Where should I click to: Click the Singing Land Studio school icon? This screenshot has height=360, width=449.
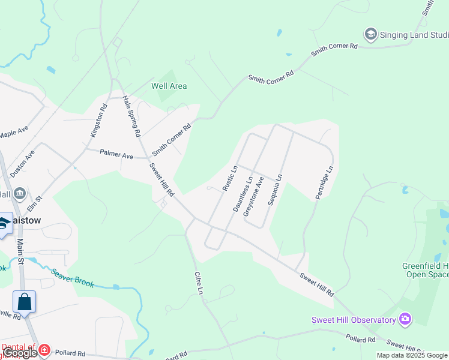pos(371,34)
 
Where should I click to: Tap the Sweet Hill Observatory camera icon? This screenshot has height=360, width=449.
pos(406,319)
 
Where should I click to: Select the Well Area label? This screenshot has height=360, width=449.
pos(169,86)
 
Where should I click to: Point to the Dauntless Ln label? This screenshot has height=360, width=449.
pos(243,194)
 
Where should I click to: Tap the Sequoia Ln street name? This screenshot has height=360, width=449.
pos(275,190)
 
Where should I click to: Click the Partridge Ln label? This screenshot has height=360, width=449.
pos(323,183)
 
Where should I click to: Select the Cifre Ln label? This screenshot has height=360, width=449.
pos(199,283)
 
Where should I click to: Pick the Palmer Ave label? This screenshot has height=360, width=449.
pos(116,155)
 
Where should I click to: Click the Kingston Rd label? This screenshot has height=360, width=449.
pos(98,121)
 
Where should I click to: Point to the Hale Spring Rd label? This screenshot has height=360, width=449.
pos(131,115)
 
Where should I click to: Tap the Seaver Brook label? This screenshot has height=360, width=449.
pos(73,277)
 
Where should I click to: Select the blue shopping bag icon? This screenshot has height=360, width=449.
pos(25,301)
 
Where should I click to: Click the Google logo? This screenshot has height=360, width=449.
pos(20,353)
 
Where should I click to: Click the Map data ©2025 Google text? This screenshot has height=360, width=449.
pos(412,355)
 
